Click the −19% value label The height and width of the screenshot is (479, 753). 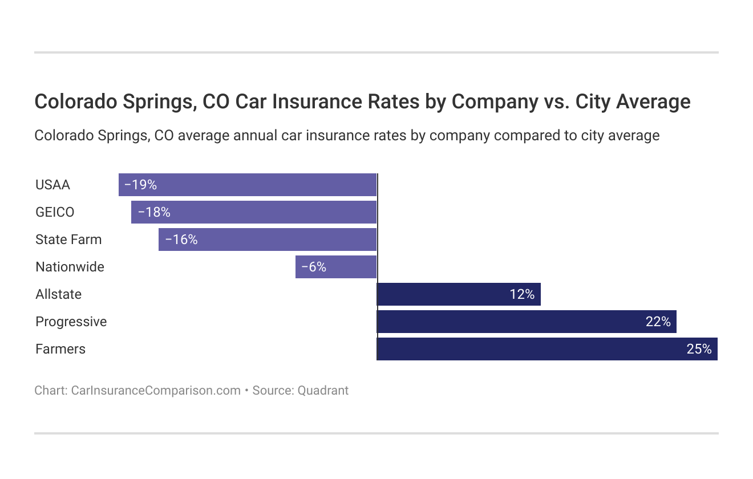[x=140, y=185]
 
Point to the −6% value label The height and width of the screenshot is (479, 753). [x=314, y=267]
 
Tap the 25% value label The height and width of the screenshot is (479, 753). [x=699, y=349]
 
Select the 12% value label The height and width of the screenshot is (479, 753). [x=522, y=294]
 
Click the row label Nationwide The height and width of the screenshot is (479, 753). [x=70, y=267]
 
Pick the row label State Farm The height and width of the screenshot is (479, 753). [x=68, y=239]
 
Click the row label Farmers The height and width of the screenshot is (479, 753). [x=60, y=349]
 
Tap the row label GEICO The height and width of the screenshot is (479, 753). [x=55, y=212]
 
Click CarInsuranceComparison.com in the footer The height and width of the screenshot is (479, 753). [x=155, y=391]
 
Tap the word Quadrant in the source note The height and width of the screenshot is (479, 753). [x=323, y=391]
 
